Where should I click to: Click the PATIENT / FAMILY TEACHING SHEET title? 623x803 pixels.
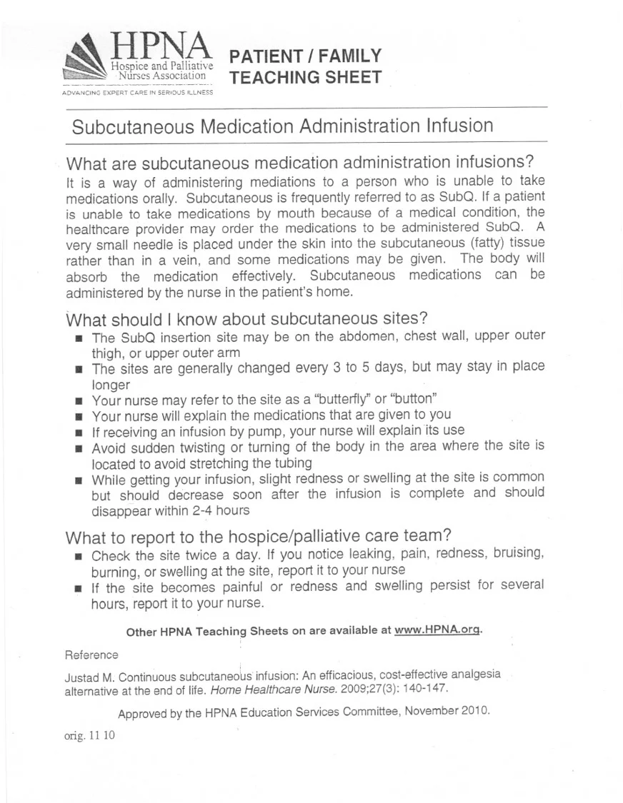[306, 66]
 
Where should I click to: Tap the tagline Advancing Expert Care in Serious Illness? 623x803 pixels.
[138, 93]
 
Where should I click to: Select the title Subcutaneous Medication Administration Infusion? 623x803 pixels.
[282, 126]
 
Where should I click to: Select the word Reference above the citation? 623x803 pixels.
[91, 655]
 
